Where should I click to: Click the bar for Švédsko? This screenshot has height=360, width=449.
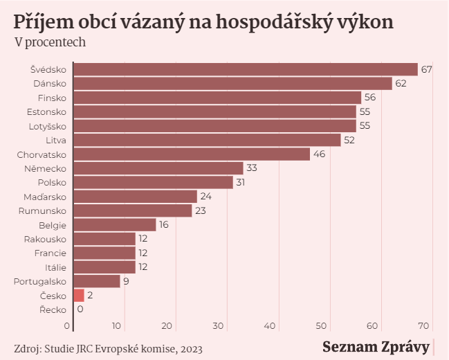246,69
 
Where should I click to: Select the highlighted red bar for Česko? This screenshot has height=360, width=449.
79,296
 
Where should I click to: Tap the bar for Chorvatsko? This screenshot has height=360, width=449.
192,154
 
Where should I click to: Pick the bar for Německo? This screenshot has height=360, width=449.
158,168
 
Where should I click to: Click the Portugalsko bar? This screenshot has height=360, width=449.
97,281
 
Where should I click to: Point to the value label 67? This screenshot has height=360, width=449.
426,69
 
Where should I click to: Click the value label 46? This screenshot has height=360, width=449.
319,154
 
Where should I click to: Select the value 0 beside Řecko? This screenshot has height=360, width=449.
80,309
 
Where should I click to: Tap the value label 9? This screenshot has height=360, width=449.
126,281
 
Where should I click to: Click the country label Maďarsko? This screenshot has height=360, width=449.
45,197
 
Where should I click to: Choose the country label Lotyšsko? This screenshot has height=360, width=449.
48,127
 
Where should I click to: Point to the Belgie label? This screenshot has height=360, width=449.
53,225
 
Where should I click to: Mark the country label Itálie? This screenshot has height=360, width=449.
55,267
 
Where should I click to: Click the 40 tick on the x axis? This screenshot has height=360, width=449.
269,326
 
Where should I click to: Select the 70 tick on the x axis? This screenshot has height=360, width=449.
423,326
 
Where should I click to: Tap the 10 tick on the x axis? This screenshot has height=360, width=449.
116,326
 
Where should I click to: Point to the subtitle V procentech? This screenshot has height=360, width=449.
50,42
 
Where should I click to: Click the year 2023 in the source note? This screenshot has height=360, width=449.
192,349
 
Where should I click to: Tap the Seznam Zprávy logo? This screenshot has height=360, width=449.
376,347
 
